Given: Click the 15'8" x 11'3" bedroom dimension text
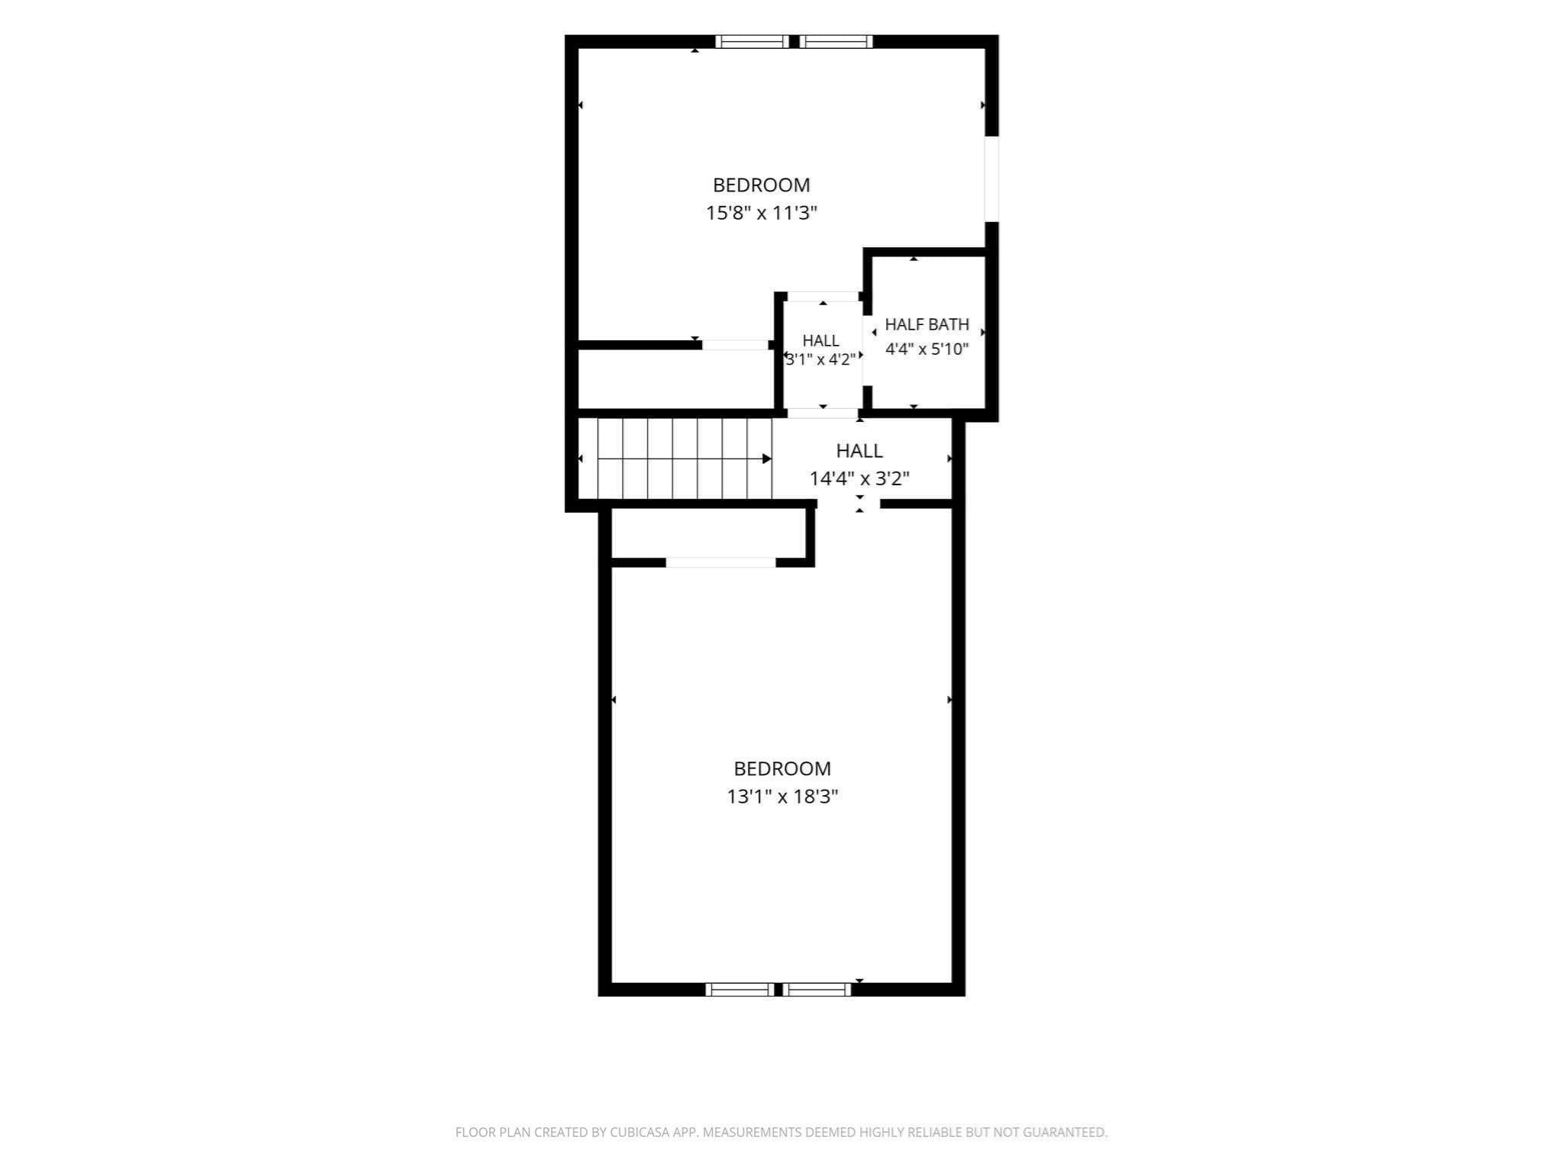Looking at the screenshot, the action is (761, 213).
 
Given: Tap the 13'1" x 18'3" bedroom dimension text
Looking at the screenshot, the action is (782, 797).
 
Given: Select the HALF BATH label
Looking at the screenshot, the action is (927, 324).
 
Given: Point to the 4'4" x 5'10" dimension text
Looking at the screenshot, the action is (927, 349).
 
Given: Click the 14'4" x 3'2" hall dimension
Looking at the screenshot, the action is (859, 478).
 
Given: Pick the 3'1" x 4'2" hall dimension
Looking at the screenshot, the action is (820, 359).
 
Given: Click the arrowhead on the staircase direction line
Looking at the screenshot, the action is (767, 459).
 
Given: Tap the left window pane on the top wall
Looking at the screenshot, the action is (752, 41).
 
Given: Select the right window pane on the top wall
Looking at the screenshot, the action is (836, 41).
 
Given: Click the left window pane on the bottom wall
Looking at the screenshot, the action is (740, 990).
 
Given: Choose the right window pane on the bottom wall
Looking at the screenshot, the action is (817, 990).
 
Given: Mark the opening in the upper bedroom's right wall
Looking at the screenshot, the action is (992, 179).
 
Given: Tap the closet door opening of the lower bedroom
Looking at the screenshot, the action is (721, 562).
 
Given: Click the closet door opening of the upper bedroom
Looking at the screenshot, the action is (735, 345).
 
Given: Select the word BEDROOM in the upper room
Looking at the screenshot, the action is (761, 185).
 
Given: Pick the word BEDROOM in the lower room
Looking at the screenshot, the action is (782, 768).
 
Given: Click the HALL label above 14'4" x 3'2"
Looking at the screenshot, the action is (859, 450).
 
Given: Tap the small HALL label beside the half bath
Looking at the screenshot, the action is (820, 340).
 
